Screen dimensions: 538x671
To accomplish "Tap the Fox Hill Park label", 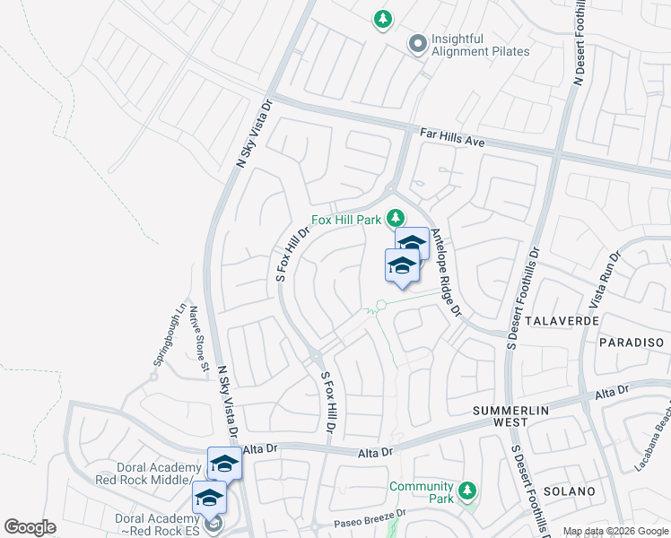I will click(346, 220).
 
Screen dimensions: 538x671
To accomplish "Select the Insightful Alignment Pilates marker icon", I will click(417, 44).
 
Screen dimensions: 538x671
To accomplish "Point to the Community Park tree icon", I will click(466, 491).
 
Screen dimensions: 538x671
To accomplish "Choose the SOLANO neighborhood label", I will click(568, 491).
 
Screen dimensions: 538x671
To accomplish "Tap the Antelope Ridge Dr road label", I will click(445, 273).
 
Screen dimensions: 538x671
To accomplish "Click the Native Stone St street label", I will click(197, 339).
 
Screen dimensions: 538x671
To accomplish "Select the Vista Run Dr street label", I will click(606, 279).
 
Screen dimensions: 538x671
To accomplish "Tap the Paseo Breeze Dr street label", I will click(370, 518).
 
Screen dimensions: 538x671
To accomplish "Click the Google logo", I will click(30, 527).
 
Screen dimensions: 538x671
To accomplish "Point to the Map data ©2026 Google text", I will click(614, 531).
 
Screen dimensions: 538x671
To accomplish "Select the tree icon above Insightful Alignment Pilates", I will click(383, 19).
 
